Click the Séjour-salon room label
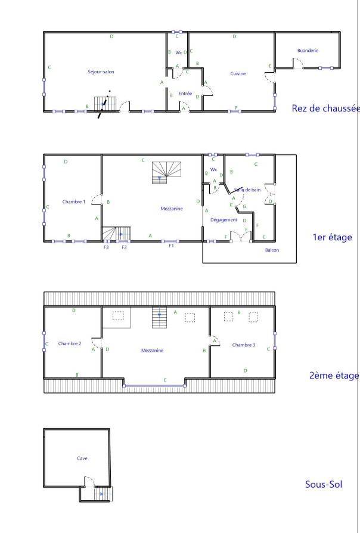click(x=101, y=72)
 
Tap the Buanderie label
click(x=308, y=50)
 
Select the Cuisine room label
click(x=238, y=73)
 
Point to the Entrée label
click(x=185, y=94)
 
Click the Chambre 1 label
click(x=74, y=202)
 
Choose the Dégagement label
click(x=224, y=220)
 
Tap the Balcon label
click(x=272, y=250)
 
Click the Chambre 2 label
click(x=70, y=343)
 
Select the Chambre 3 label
click(x=244, y=345)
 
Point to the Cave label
click(x=82, y=458)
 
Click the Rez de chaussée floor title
click(x=325, y=108)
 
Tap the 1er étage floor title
click(x=332, y=237)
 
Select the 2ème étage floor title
click(x=334, y=375)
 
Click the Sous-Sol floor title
click(x=324, y=484)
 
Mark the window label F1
click(x=171, y=246)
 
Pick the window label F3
click(x=106, y=247)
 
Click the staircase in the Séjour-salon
click(x=105, y=104)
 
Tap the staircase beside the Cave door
click(x=103, y=494)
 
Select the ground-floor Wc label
click(x=179, y=52)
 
